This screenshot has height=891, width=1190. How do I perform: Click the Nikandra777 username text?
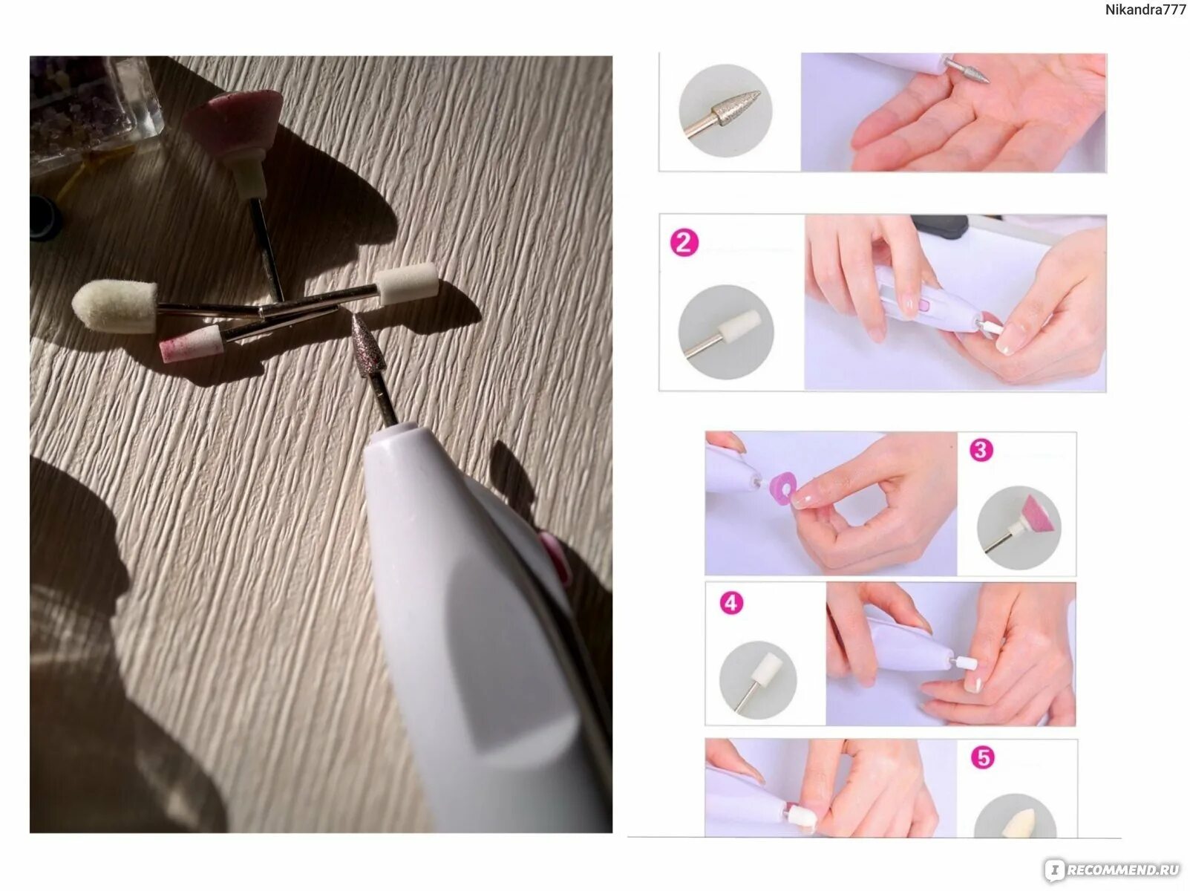[x=1145, y=10]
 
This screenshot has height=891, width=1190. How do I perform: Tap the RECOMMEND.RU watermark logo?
[x=1114, y=870]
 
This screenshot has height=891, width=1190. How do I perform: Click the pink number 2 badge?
[x=684, y=242]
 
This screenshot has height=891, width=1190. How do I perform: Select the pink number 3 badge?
[x=981, y=450]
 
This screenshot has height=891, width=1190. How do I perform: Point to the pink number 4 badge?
[x=731, y=603]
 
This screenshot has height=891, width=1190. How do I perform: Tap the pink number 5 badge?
[x=982, y=757]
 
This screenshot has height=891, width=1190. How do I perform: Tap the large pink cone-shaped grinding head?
[x=236, y=123]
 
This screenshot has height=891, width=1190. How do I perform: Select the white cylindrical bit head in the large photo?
[x=407, y=284]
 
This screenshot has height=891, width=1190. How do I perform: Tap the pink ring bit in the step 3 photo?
[x=783, y=487]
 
